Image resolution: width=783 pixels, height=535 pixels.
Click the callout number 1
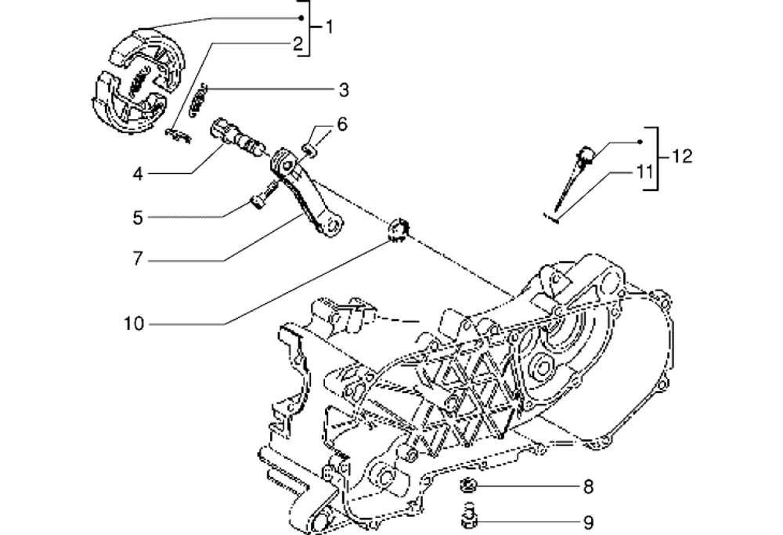coord(329,28)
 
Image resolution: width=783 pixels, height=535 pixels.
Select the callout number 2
coord(298,45)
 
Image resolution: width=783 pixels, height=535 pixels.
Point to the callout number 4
coord(138,173)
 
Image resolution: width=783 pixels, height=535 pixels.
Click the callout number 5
coord(138,215)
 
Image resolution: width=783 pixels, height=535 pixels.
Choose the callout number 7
coord(137,258)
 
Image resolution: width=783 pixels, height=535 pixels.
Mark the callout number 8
coord(588,487)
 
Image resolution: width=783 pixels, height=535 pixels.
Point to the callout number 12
coord(681,157)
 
